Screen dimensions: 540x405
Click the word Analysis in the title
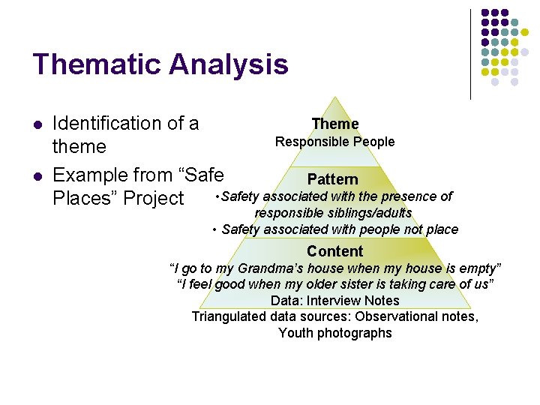(x=228, y=64)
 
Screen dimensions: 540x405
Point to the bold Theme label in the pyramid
(x=335, y=124)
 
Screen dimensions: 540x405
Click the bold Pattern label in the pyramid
(x=333, y=179)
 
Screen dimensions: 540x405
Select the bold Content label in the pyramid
(x=334, y=251)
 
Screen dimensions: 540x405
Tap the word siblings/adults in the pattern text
(x=373, y=213)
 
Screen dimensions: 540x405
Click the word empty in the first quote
(x=482, y=268)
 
